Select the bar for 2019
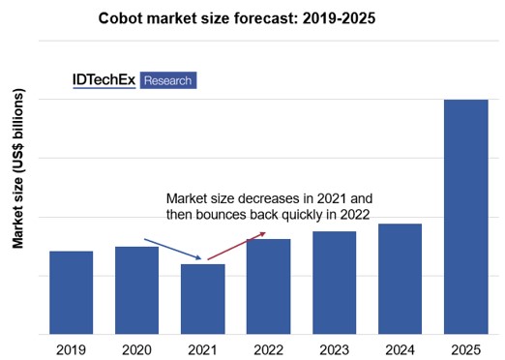pyautogui.click(x=71, y=292)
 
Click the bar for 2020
pyautogui.click(x=136, y=290)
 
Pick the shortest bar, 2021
pyautogui.click(x=202, y=299)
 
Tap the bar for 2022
pyautogui.click(x=268, y=286)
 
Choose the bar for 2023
pyautogui.click(x=334, y=283)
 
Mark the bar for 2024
pyautogui.click(x=400, y=279)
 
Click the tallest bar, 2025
pyautogui.click(x=465, y=217)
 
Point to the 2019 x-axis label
pyautogui.click(x=71, y=349)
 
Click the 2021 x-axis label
pyautogui.click(x=202, y=349)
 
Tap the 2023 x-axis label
pyautogui.click(x=334, y=349)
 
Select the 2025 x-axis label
pyautogui.click(x=465, y=349)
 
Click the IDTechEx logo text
pyautogui.click(x=104, y=80)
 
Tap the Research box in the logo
pyautogui.click(x=168, y=80)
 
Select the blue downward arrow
pyautogui.click(x=173, y=249)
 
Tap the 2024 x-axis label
pyautogui.click(x=400, y=349)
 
